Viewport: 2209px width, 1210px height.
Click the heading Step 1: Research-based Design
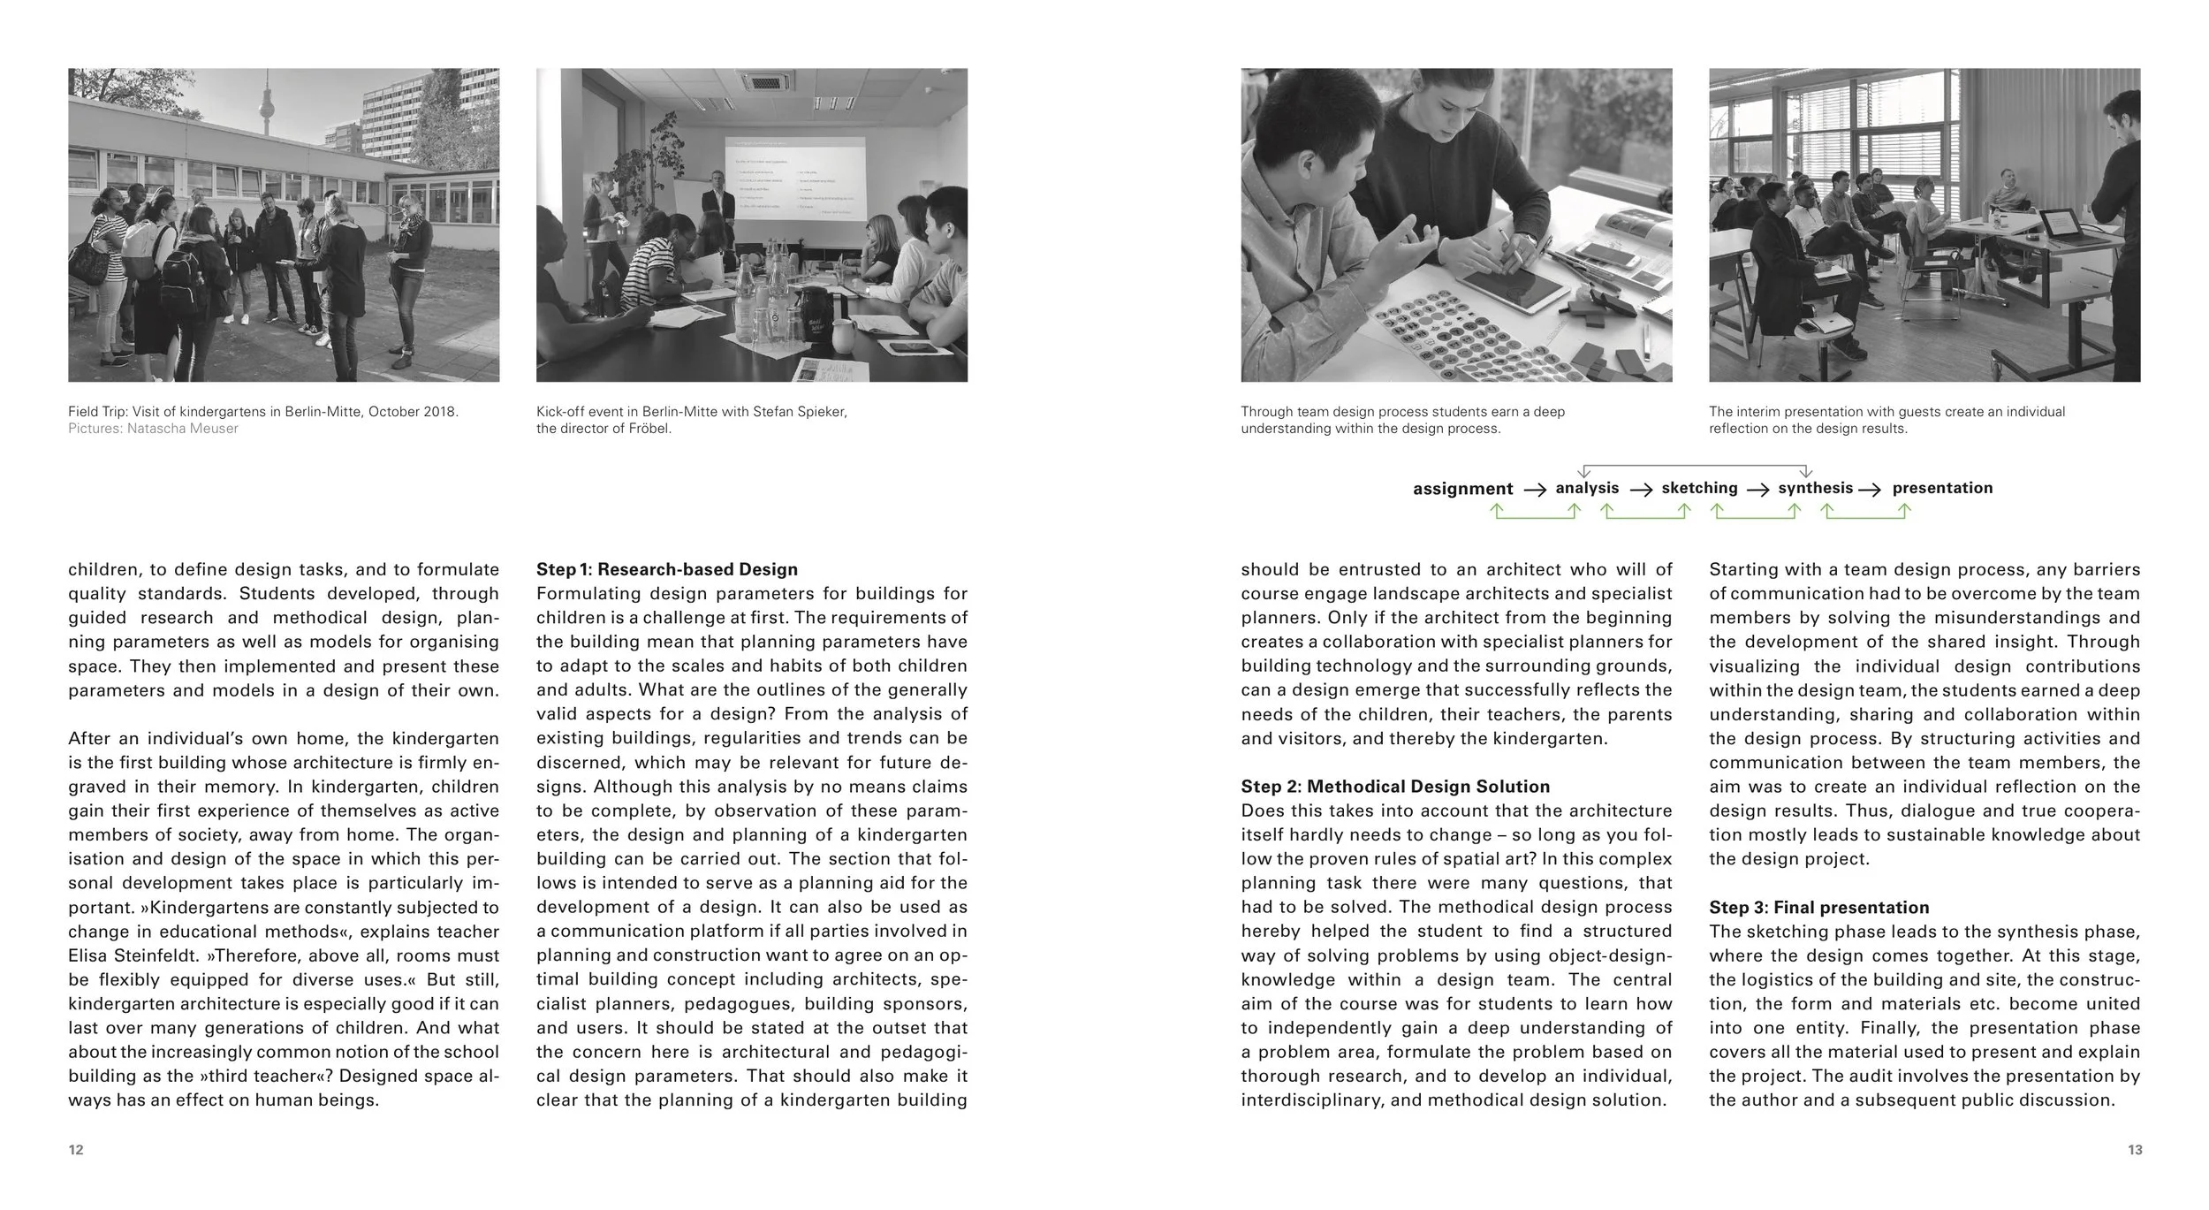666,570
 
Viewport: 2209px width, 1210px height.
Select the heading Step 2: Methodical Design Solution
1394,787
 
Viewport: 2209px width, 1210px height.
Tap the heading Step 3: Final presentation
1818,908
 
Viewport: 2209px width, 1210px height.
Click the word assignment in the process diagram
1462,489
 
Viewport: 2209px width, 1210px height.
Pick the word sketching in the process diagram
1698,488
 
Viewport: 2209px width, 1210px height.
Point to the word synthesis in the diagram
1815,488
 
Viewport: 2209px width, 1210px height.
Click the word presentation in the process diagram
1942,488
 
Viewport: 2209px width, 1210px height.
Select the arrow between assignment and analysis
1535,490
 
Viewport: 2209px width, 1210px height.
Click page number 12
76,1150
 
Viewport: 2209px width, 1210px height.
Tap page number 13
2134,1150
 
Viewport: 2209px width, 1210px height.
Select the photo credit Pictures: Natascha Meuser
153,429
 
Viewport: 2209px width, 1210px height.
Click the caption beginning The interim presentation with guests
1886,420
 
